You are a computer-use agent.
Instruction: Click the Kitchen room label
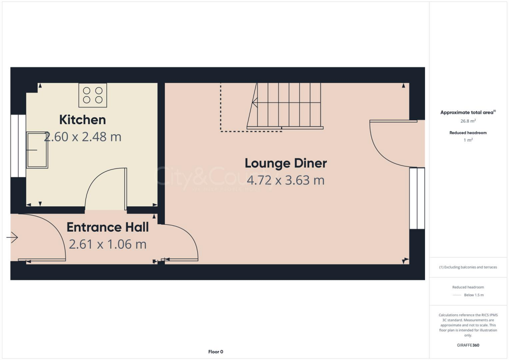(83, 120)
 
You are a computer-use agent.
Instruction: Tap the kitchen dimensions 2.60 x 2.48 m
(83, 137)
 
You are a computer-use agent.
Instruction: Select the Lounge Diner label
(286, 163)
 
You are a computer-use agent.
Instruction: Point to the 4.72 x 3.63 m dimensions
(286, 180)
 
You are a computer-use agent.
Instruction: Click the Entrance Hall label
(108, 228)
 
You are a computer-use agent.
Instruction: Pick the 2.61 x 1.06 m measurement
(108, 244)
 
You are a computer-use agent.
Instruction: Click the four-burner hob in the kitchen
(93, 95)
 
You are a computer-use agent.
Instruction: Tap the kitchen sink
(37, 150)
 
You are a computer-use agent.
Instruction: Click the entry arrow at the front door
(12, 238)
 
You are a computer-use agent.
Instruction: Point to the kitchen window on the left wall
(18, 146)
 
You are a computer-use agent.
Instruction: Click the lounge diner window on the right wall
(417, 198)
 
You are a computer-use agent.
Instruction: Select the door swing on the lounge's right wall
(393, 144)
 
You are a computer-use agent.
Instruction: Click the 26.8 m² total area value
(467, 121)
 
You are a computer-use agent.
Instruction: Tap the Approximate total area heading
(467, 112)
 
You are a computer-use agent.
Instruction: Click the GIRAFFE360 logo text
(468, 345)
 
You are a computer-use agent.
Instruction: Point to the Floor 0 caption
(216, 352)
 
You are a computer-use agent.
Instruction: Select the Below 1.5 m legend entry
(474, 295)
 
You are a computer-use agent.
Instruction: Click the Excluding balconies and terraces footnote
(468, 267)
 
